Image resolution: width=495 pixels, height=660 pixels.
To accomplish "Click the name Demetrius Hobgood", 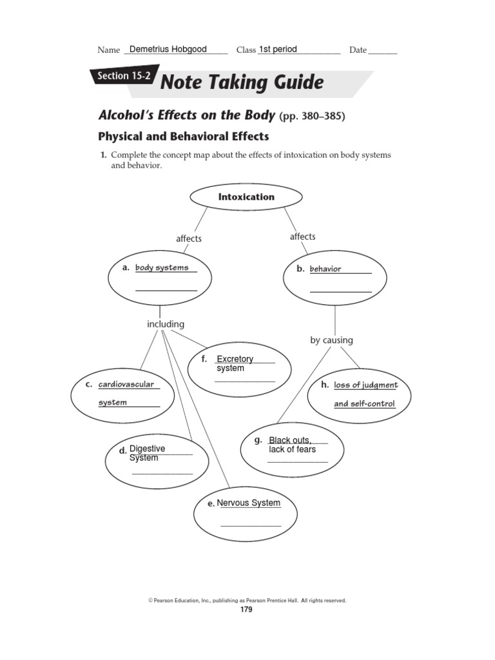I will pos(168,49).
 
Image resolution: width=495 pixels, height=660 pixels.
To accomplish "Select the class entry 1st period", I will pos(278,49).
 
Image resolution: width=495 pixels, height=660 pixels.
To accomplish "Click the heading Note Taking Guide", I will pos(241,82).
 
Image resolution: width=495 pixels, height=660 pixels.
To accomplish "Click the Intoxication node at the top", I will pos(246,197).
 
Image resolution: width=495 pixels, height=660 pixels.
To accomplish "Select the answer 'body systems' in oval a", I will pos(162,267).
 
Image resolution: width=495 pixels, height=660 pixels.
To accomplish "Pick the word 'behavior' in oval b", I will pos(325,269).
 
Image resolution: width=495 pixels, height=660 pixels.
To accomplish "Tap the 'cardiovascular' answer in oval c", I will pos(126,384).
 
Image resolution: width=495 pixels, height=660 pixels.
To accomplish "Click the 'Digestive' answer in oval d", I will pos(147,449).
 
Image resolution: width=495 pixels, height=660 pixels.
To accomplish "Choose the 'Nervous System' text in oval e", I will pos(249,503).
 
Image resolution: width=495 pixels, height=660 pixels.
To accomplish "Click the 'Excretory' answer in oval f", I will pos(235,359).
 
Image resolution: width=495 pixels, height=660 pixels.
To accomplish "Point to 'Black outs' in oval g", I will pos(290,440).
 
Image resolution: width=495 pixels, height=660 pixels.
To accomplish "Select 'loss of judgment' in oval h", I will pos(365,385).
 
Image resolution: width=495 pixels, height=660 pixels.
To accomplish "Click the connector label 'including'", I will pos(166,324).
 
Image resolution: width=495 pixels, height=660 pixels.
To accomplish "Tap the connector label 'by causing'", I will pos(331,340).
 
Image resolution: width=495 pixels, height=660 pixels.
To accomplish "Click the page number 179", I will pos(247,610).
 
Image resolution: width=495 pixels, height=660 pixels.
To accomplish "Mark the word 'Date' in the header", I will pos(358,50).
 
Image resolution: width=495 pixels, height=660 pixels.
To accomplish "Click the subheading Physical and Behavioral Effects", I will pos(183,137).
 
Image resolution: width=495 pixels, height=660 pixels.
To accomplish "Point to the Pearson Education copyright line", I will pos(247,600).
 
